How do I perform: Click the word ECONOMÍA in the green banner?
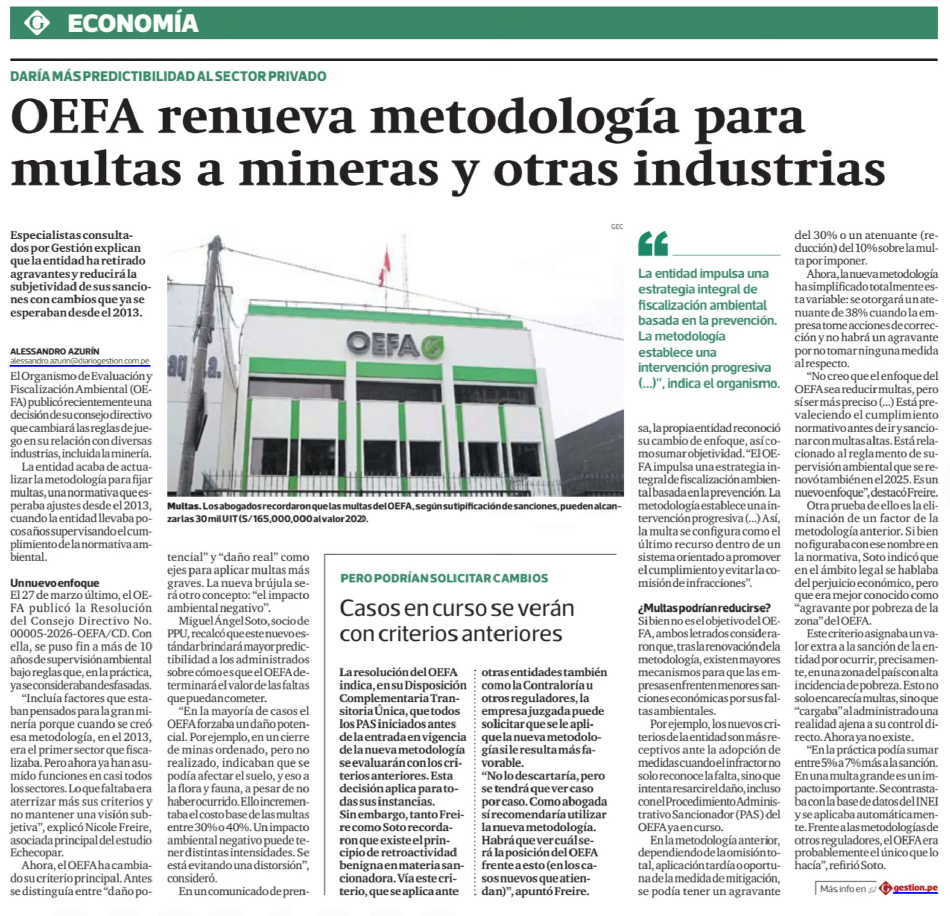pyautogui.click(x=132, y=23)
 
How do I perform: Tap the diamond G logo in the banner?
pyautogui.click(x=37, y=23)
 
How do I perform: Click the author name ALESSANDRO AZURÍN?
pyautogui.click(x=55, y=351)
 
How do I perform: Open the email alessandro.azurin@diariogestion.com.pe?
pyautogui.click(x=80, y=361)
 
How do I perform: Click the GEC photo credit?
pyautogui.click(x=617, y=227)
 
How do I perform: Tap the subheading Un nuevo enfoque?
pyautogui.click(x=55, y=583)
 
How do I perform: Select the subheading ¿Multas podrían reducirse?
pyautogui.click(x=704, y=607)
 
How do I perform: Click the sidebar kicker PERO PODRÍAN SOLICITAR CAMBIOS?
pyautogui.click(x=444, y=578)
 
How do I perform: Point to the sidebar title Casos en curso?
pyautogui.click(x=456, y=608)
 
